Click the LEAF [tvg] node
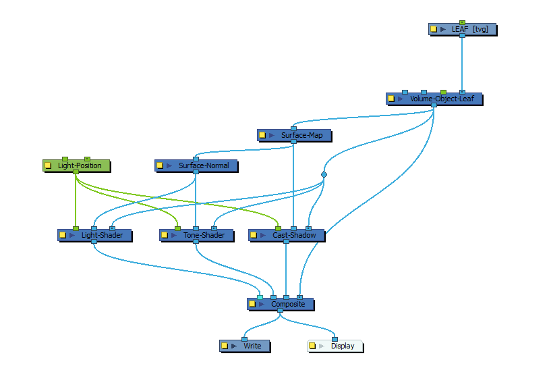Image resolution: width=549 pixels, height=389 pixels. coord(462,29)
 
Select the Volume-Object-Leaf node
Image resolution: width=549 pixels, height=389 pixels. coord(434,99)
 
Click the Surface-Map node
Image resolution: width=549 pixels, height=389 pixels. coord(294,135)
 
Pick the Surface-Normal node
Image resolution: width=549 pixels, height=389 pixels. coord(196,165)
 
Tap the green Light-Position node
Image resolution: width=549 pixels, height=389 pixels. coord(76,165)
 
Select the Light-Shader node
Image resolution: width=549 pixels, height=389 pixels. coord(94,235)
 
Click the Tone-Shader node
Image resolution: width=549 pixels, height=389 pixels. coord(196,235)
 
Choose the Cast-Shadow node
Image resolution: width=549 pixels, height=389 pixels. coord(287,235)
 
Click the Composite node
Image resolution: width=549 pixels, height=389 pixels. coord(281,304)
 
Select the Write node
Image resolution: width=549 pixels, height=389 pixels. coord(245,346)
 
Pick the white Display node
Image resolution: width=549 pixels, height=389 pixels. coord(335,346)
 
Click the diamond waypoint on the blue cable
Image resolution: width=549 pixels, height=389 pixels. coord(324,174)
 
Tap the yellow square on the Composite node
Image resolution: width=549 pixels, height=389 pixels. coord(252,304)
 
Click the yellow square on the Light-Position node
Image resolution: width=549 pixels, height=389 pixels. coord(49,165)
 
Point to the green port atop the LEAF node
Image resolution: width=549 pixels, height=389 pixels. coord(462,22)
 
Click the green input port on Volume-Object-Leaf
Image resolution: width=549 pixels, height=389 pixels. coord(443,92)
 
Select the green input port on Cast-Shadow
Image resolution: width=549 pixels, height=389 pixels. coord(278,228)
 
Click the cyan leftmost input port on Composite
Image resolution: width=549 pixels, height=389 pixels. coord(260,298)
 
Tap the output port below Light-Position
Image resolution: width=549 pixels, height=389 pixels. coord(76,172)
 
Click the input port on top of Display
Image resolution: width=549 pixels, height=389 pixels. coord(335,339)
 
